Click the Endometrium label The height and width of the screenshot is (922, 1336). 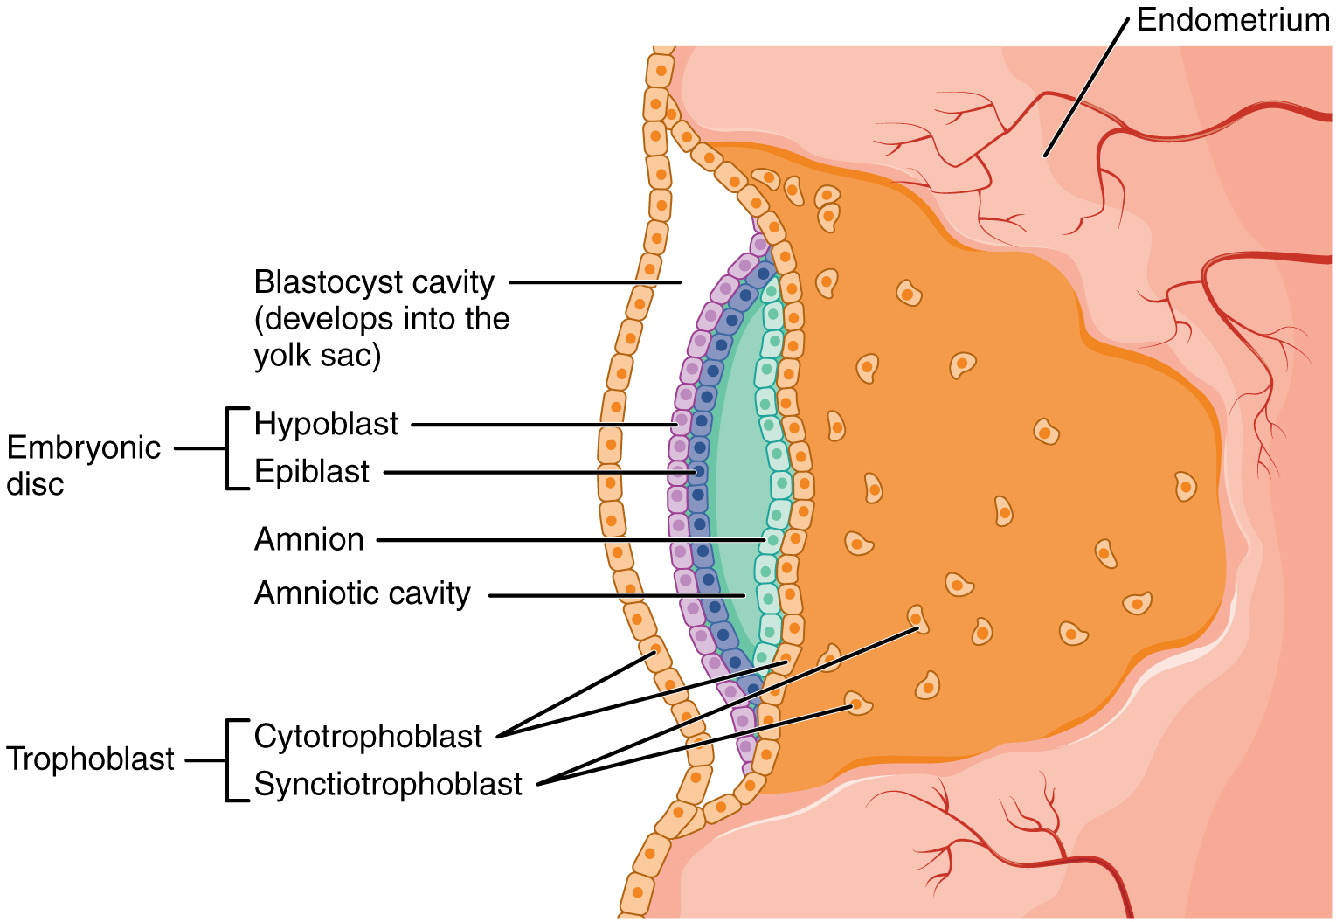1232,19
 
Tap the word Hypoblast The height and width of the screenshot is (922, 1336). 326,424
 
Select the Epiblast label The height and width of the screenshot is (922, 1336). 312,472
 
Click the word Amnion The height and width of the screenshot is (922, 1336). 309,540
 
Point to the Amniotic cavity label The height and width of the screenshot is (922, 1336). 362,594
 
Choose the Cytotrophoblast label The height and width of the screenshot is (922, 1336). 368,737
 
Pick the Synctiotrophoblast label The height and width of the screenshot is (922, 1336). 388,784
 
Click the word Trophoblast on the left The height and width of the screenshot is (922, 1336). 90,759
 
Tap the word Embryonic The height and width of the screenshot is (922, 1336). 84,447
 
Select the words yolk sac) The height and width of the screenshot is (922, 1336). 317,356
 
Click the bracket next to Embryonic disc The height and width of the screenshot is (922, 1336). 229,448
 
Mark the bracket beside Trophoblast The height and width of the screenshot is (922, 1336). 229,759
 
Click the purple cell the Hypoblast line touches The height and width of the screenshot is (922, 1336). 680,424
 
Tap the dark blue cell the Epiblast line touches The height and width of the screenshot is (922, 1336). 698,473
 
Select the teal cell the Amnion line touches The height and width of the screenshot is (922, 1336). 772,540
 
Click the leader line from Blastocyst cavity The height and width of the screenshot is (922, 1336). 594,282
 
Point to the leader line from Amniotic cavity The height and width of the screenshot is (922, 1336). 612,596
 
